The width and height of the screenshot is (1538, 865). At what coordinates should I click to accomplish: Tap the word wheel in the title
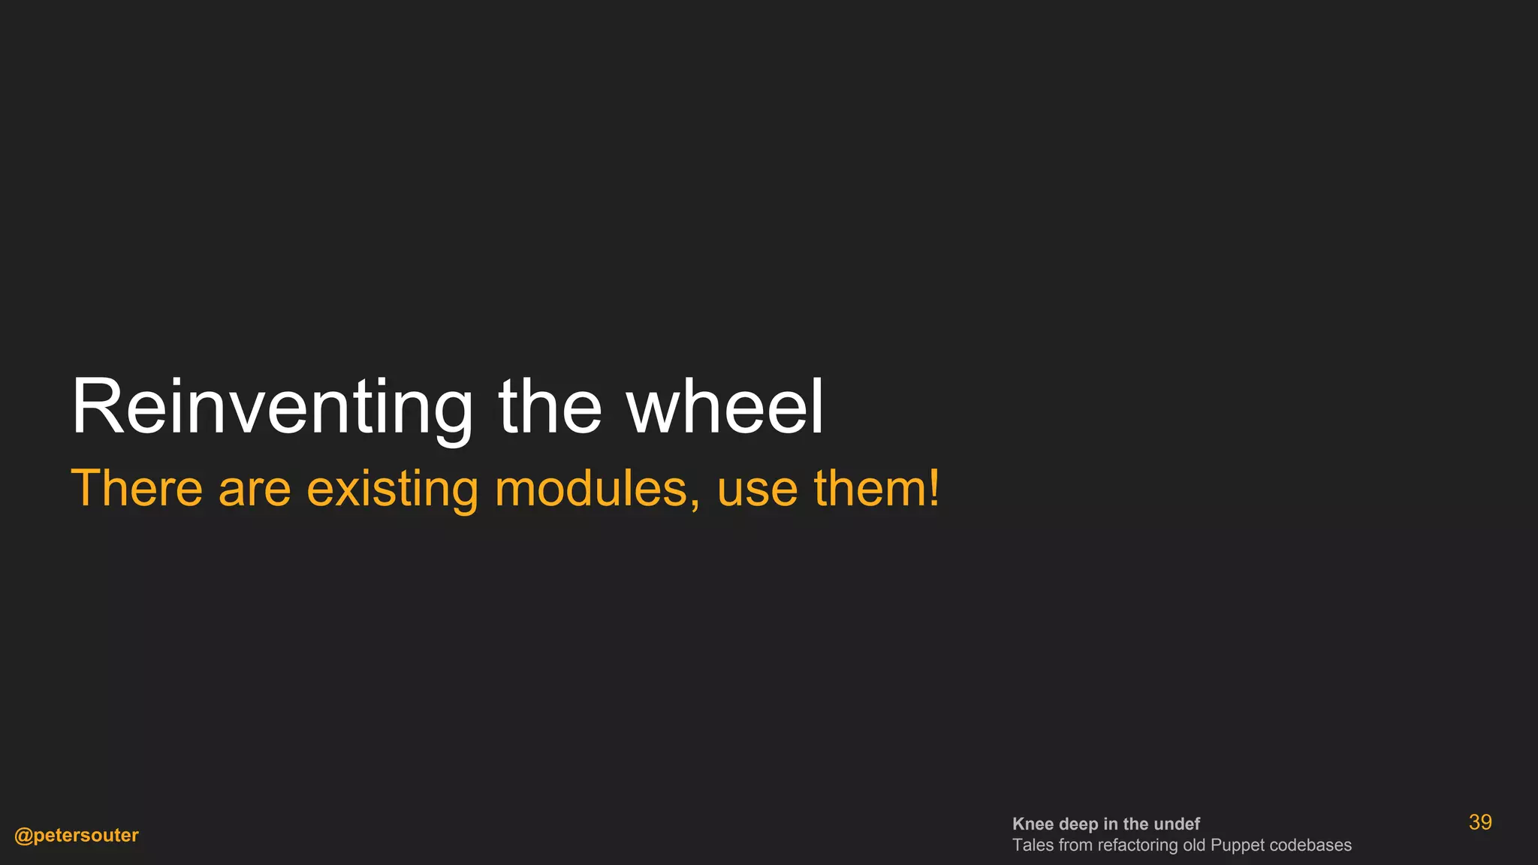[x=725, y=408]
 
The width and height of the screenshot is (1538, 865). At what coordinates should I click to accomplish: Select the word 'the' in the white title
[x=550, y=408]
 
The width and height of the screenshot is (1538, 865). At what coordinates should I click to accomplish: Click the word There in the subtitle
[x=137, y=489]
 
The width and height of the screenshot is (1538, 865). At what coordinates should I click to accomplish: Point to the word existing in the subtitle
[x=392, y=489]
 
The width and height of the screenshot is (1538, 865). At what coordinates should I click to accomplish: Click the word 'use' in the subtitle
[x=757, y=489]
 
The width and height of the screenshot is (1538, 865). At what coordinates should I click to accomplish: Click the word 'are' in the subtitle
[x=255, y=489]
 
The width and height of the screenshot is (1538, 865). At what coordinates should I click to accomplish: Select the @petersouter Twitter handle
[x=77, y=835]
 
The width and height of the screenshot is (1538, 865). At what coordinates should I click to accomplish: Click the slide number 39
[x=1479, y=822]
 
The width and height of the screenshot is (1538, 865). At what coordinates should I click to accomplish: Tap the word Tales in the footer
[x=1033, y=845]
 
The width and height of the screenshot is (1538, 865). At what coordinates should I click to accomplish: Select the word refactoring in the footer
[x=1137, y=845]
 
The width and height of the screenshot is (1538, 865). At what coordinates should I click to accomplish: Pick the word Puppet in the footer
[x=1237, y=845]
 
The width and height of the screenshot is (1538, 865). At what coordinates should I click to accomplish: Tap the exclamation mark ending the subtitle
[x=933, y=489]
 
